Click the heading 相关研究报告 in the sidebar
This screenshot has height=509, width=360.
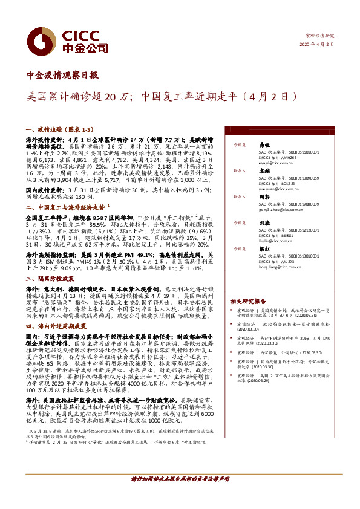point(248,301)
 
